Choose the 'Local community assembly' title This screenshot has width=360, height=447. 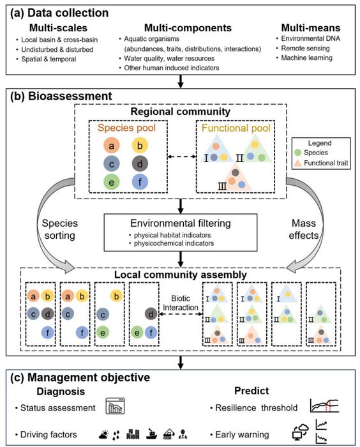[x=181, y=275]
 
